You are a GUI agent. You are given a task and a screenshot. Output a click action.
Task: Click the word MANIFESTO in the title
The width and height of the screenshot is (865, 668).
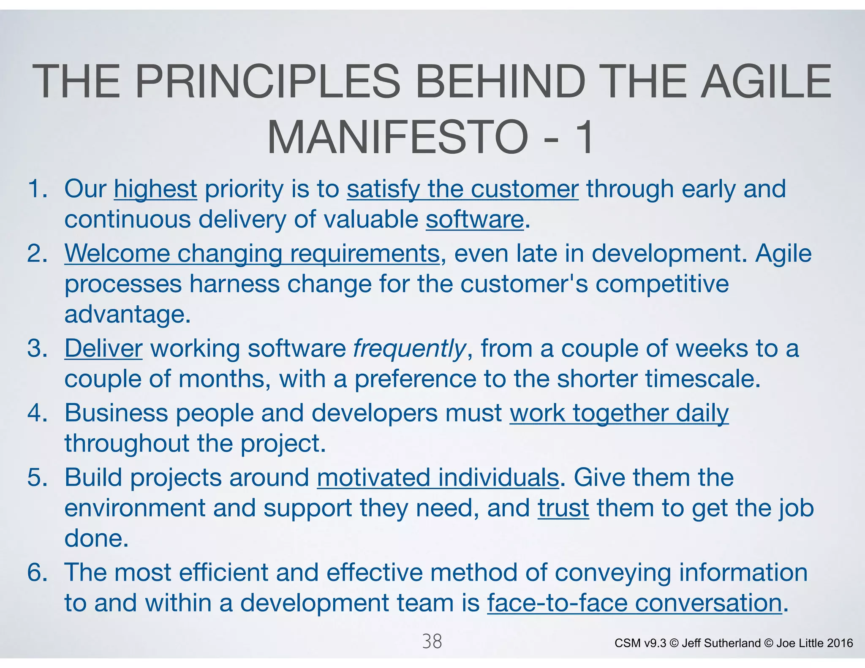pyautogui.click(x=397, y=138)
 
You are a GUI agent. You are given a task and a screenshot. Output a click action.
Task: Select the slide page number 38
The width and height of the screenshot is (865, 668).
pyautogui.click(x=432, y=641)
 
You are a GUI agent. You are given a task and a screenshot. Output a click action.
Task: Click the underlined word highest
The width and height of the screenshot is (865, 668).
pyautogui.click(x=155, y=189)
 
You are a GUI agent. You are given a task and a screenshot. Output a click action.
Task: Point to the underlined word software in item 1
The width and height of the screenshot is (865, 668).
pyautogui.click(x=474, y=220)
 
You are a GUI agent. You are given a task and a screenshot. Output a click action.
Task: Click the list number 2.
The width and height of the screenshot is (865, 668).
pyautogui.click(x=37, y=253)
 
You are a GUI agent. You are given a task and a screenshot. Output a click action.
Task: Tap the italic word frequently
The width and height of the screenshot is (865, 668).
pyautogui.click(x=409, y=349)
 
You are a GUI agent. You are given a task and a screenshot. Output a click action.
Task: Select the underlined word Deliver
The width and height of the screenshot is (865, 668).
pyautogui.click(x=103, y=349)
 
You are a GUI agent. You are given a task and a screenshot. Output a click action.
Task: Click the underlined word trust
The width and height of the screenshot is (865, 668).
pyautogui.click(x=563, y=508)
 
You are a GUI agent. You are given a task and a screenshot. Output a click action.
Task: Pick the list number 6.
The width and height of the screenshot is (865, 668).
pyautogui.click(x=37, y=573)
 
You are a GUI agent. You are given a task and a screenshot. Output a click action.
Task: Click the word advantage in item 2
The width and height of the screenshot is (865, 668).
pyautogui.click(x=125, y=315)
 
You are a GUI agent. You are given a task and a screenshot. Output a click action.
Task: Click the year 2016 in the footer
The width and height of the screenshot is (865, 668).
pyautogui.click(x=840, y=643)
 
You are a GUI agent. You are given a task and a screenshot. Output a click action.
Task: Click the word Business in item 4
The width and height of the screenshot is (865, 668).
pyautogui.click(x=116, y=413)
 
